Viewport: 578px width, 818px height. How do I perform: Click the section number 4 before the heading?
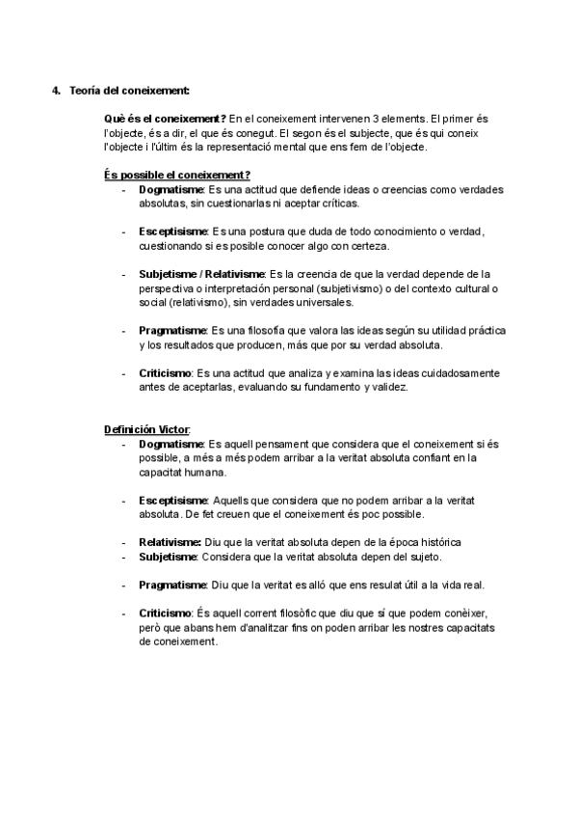point(55,91)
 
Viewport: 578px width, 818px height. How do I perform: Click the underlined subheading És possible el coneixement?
point(177,175)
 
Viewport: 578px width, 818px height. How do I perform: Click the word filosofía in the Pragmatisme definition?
point(268,330)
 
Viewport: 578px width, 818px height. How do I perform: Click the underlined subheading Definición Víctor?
point(147,429)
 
